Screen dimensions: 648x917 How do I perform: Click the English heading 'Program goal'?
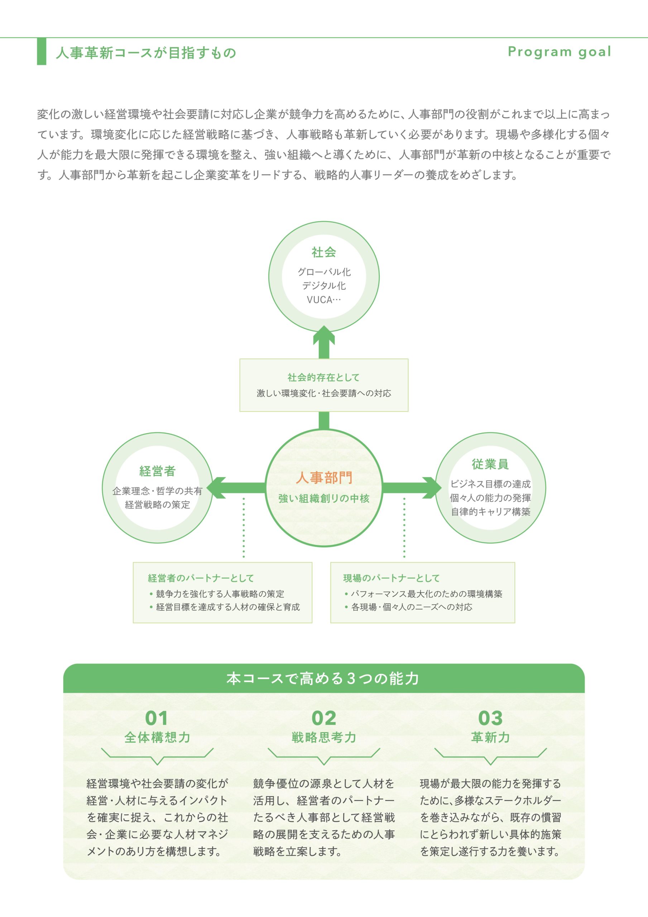click(x=559, y=52)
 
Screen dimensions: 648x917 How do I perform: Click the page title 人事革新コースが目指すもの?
click(x=146, y=53)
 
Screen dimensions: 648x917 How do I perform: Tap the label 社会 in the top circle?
click(x=323, y=253)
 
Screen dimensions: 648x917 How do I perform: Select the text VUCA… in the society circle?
click(x=323, y=300)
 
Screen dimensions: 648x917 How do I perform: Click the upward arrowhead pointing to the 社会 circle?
click(x=323, y=336)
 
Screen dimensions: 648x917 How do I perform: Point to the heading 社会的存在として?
click(x=323, y=378)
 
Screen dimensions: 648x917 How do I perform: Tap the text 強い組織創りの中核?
click(x=324, y=498)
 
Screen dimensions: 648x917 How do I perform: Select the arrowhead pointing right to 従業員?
click(x=432, y=488)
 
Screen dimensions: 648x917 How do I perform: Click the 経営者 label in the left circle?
click(x=157, y=471)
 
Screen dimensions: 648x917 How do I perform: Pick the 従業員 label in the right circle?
click(x=490, y=464)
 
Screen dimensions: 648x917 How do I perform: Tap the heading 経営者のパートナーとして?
click(x=201, y=578)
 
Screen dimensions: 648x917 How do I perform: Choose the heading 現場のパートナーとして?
click(x=392, y=578)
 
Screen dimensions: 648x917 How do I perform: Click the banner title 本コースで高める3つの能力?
click(x=323, y=678)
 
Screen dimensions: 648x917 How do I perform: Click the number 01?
click(x=157, y=718)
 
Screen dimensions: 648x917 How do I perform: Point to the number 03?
click(x=490, y=718)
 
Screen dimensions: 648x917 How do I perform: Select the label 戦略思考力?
click(x=323, y=737)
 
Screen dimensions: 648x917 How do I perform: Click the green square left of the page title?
click(x=42, y=51)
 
